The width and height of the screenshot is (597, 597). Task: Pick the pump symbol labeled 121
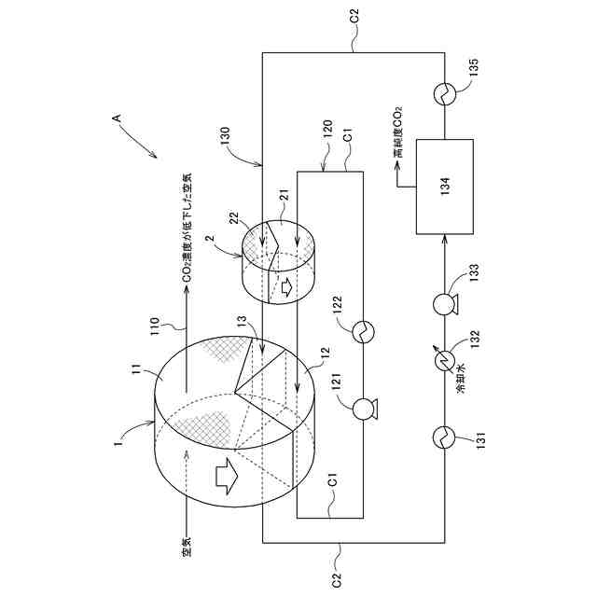(362, 407)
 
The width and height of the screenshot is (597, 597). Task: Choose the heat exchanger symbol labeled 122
(362, 328)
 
